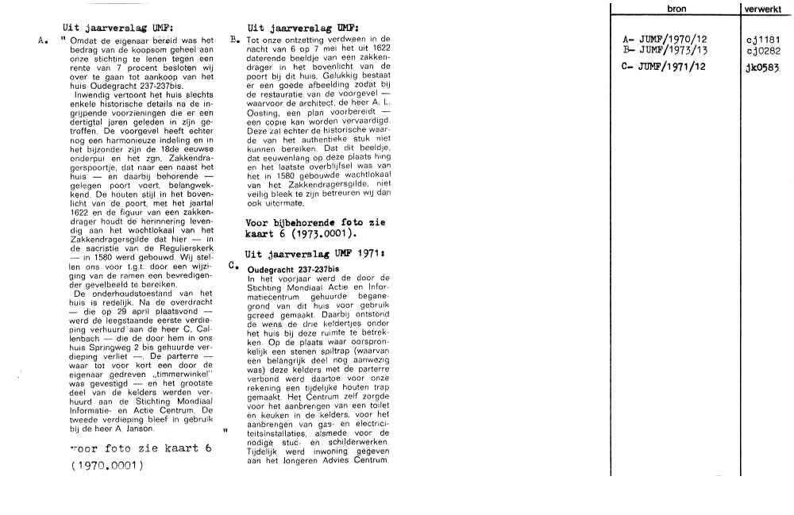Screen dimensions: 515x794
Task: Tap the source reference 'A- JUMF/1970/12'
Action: [666, 39]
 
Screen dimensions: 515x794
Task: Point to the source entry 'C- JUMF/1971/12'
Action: [666, 67]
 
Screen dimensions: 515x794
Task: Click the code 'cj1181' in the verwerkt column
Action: [764, 39]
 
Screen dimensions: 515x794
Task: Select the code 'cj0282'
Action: [764, 49]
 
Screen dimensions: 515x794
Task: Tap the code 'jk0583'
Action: [763, 67]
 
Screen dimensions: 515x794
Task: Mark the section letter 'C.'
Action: [233, 266]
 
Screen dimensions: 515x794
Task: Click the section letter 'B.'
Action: [234, 38]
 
